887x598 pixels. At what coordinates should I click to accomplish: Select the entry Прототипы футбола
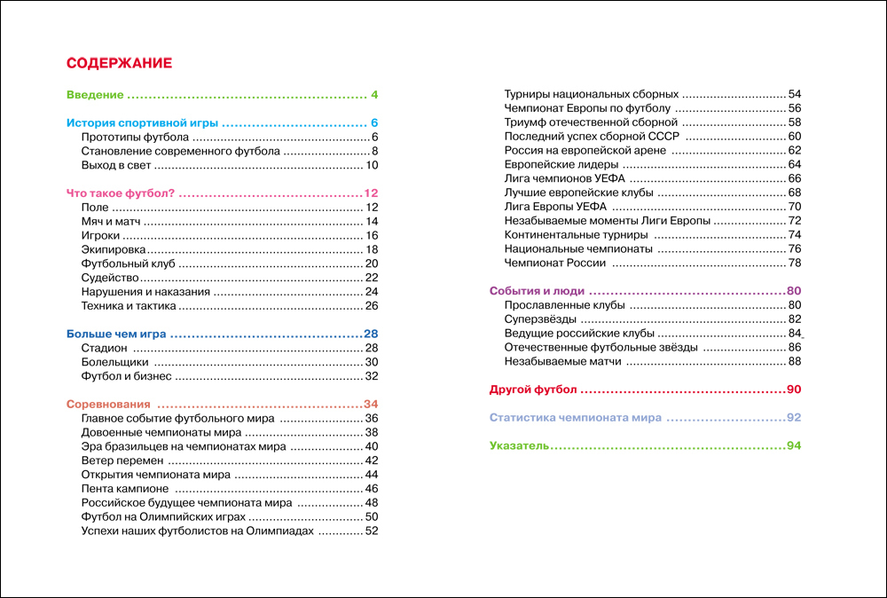click(134, 138)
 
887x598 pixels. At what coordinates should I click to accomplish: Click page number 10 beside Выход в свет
click(372, 166)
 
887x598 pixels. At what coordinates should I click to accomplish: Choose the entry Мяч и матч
click(112, 222)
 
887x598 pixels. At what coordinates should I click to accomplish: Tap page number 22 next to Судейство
click(372, 278)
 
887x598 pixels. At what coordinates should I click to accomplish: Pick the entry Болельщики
click(114, 362)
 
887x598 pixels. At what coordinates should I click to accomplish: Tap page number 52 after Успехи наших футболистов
click(372, 531)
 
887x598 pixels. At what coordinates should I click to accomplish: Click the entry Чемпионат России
click(554, 264)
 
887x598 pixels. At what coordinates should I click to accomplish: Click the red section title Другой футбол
click(533, 389)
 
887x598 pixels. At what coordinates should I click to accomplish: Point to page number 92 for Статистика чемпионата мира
click(793, 418)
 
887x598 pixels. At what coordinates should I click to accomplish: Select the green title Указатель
click(519, 445)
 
